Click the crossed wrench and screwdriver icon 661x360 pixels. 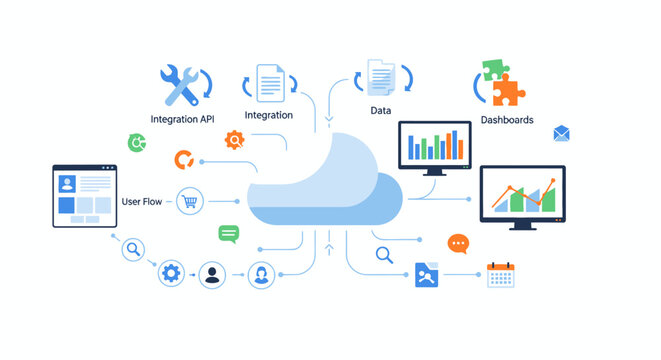pos(180,85)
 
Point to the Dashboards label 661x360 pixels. pos(506,120)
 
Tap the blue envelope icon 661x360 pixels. pos(561,133)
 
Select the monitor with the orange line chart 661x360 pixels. pos(522,195)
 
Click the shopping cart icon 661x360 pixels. pos(189,201)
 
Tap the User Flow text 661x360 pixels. pos(141,202)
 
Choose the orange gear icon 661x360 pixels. pos(234,140)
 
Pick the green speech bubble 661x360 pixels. pos(229,235)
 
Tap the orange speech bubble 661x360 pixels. pos(458,243)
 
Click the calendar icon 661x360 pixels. pos(499,275)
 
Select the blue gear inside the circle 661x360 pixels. pos(171,274)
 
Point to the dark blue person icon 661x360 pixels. pos(212,275)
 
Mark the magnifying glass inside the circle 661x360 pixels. pos(133,249)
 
